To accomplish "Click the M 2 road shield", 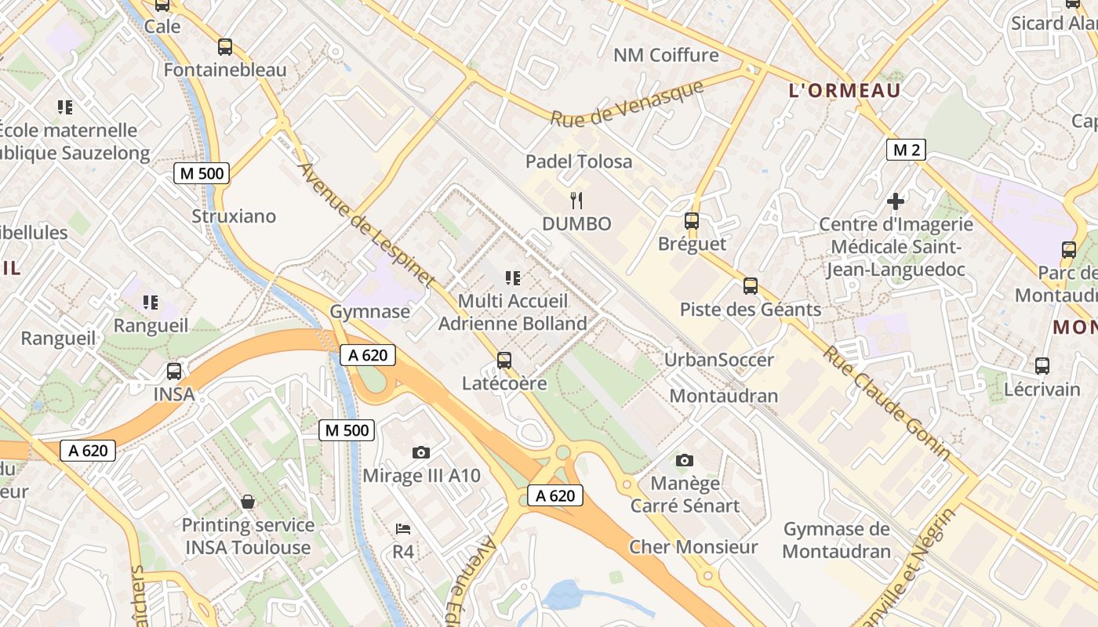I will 905,150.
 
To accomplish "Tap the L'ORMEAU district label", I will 844,90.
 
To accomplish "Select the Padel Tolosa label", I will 579,161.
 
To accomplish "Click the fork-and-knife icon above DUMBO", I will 576,200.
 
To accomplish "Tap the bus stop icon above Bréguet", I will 691,221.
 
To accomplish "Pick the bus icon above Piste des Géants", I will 751,286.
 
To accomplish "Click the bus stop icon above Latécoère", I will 504,361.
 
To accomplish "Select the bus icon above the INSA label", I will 174,371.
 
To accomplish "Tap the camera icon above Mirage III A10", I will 421,452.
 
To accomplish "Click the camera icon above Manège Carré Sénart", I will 685,460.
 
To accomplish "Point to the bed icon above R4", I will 403,528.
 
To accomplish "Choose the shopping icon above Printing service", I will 248,502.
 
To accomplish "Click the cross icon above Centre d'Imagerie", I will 896,201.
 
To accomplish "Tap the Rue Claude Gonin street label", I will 886,402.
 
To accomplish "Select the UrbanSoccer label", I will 718,360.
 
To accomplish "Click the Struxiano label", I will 234,216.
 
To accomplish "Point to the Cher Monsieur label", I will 693,547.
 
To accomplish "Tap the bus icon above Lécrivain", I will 1042,365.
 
